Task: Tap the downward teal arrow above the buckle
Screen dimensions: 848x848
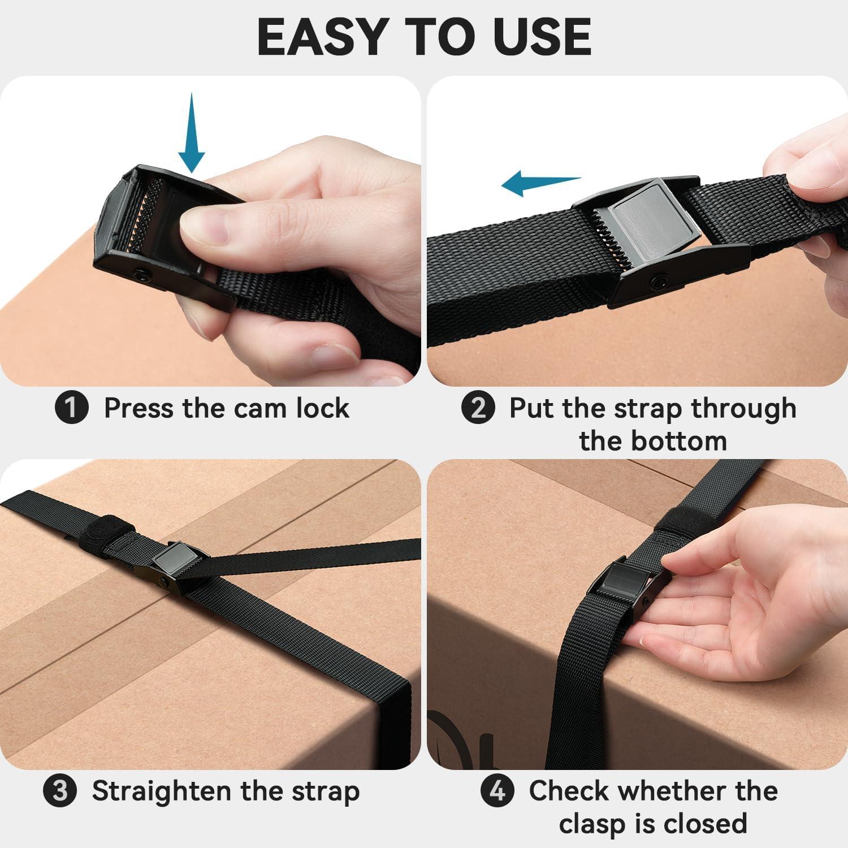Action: point(192,133)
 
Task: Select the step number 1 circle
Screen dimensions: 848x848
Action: point(72,408)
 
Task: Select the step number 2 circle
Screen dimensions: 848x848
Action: point(478,408)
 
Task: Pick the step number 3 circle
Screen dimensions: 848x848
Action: point(60,791)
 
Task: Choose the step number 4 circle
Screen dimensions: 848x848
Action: point(497,790)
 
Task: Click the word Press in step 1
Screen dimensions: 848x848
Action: point(139,408)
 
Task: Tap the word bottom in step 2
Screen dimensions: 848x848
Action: point(653,441)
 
